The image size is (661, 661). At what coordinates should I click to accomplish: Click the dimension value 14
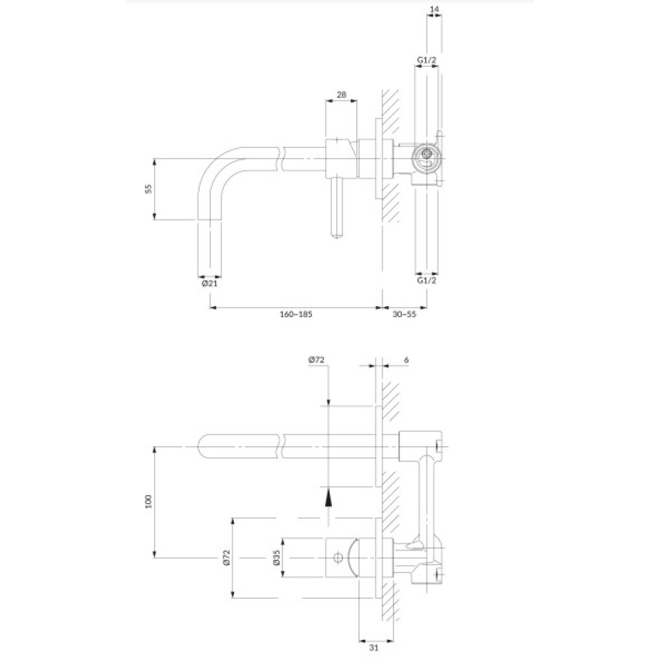tap(434, 8)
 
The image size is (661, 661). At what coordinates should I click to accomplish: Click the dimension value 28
tap(342, 94)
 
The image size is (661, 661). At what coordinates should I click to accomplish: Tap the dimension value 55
tap(148, 188)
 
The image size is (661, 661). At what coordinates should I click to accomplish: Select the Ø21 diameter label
tap(210, 284)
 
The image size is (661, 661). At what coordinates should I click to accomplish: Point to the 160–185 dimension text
tap(296, 313)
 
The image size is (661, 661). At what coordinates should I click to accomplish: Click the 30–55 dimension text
tap(405, 313)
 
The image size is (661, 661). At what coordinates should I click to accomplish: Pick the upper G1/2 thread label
tap(426, 60)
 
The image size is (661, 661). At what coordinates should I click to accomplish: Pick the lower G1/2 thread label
tap(426, 280)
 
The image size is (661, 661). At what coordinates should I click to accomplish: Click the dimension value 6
tap(406, 360)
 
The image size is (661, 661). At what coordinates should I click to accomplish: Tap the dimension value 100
tap(148, 501)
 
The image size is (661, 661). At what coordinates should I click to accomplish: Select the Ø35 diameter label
tap(276, 557)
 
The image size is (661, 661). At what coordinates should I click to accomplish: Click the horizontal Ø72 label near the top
tap(316, 360)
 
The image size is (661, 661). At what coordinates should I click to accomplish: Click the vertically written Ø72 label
tap(226, 557)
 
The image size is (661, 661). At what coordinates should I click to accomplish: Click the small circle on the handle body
tap(337, 558)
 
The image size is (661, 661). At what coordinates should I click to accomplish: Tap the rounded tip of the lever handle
tap(338, 235)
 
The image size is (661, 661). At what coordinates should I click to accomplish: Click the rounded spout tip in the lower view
tap(202, 446)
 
